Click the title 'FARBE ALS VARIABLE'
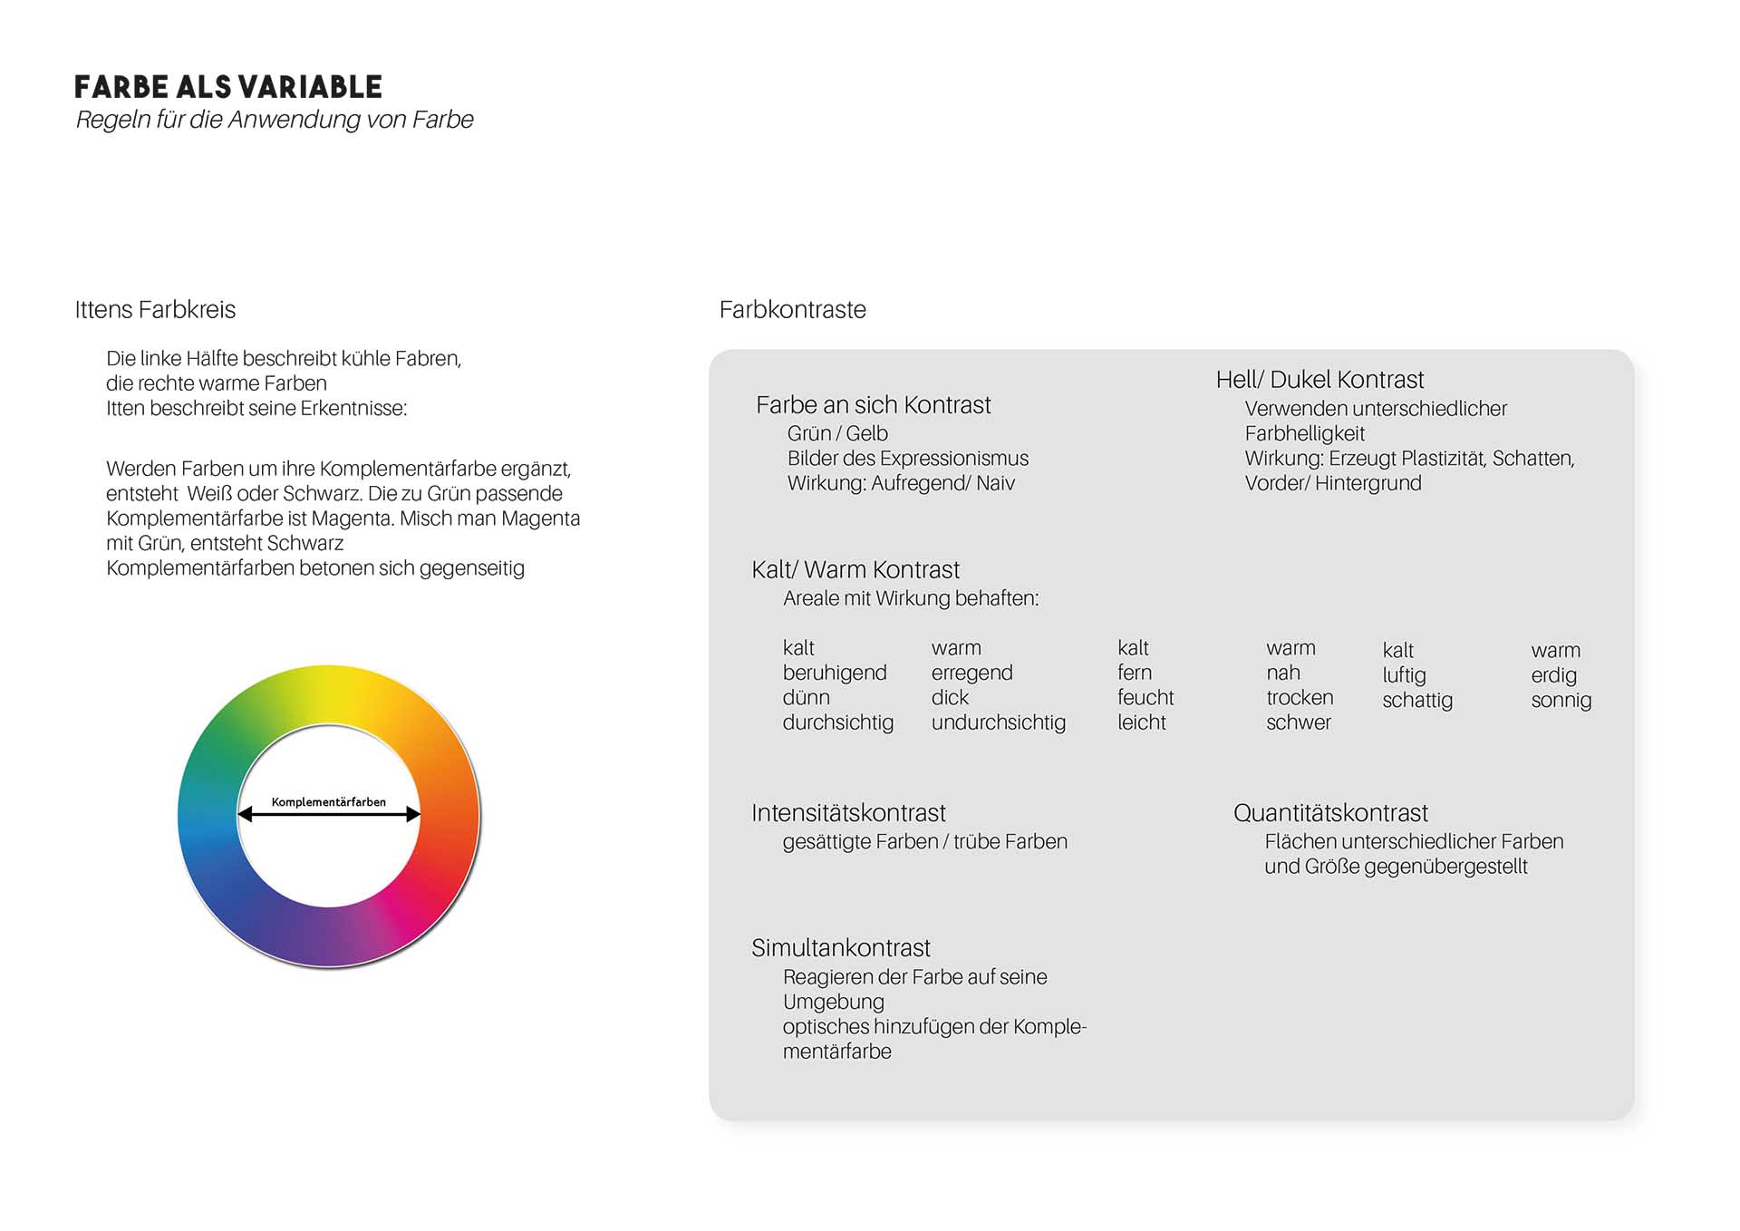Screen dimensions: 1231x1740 pyautogui.click(x=228, y=87)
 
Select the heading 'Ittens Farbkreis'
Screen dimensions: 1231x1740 pyautogui.click(x=155, y=310)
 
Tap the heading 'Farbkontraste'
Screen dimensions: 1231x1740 pyautogui.click(x=792, y=310)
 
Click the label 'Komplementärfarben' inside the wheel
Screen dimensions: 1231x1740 pyautogui.click(x=329, y=802)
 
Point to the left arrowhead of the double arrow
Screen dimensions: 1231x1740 pyautogui.click(x=245, y=815)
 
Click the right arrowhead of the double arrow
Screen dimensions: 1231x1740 pyautogui.click(x=413, y=815)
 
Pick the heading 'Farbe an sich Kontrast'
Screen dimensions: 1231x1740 pyautogui.click(x=873, y=405)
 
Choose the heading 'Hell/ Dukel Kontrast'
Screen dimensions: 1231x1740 pyautogui.click(x=1319, y=380)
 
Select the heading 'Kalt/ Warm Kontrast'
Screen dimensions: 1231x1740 pyautogui.click(x=855, y=570)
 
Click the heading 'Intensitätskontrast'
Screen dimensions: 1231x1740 pyautogui.click(x=848, y=813)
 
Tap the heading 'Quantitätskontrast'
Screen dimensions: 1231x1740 pyautogui.click(x=1330, y=813)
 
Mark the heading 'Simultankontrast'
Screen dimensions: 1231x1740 pyautogui.click(x=840, y=948)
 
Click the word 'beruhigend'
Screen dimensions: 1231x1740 pyautogui.click(x=835, y=673)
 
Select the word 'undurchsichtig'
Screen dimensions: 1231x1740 pyautogui.click(x=998, y=722)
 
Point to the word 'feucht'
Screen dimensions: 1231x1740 pyautogui.click(x=1145, y=698)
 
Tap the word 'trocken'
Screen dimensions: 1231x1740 pyautogui.click(x=1300, y=698)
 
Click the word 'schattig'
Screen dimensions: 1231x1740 pyautogui.click(x=1417, y=701)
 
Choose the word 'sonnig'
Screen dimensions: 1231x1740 pyautogui.click(x=1561, y=701)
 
